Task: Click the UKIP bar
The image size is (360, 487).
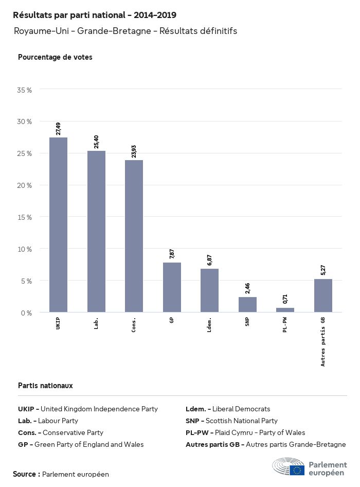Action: point(58,224)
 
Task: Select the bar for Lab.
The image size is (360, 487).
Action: point(96,231)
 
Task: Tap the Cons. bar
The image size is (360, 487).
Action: point(134,236)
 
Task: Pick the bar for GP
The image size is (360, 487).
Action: point(172,287)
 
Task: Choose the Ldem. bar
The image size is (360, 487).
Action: point(209,290)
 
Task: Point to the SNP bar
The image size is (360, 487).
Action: point(247,304)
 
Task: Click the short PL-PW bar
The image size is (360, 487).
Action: point(285,310)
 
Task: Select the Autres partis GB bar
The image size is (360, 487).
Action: point(323,295)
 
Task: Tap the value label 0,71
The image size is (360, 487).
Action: point(285,299)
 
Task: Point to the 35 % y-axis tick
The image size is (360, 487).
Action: point(25,90)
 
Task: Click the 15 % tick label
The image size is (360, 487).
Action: point(25,217)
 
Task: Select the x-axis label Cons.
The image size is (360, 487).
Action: point(134,325)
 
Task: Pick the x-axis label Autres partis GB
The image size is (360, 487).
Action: point(323,341)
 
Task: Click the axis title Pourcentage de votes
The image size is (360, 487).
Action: point(55,57)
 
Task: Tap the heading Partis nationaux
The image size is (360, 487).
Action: point(45,386)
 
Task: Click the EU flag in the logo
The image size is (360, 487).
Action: point(297,469)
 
